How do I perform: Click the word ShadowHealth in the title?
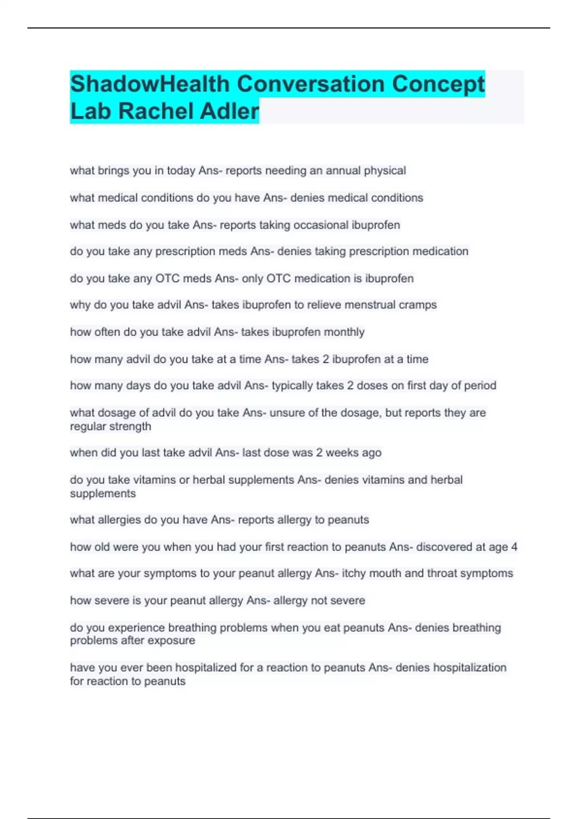click(150, 84)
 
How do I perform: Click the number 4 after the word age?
click(514, 547)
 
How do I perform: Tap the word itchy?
click(355, 573)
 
